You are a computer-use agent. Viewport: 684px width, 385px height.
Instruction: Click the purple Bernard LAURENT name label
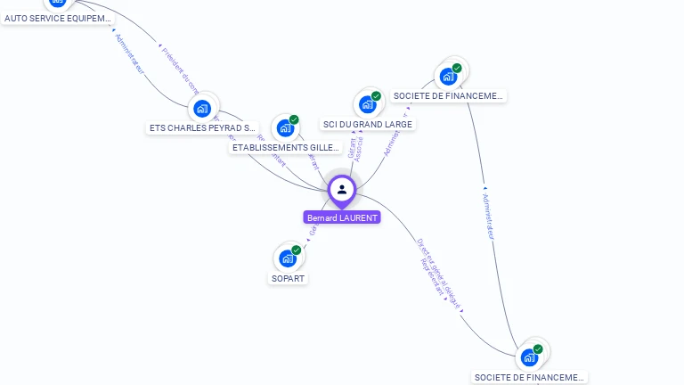[x=342, y=217]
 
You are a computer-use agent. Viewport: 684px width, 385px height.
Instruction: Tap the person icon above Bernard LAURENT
[x=342, y=189]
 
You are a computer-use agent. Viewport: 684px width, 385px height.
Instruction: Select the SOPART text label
[x=288, y=278]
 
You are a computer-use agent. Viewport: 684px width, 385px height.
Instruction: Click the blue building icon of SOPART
[x=287, y=258]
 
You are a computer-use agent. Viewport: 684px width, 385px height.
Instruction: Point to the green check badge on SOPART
[x=297, y=250]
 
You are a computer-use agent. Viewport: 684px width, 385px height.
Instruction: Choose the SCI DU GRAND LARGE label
[x=367, y=124]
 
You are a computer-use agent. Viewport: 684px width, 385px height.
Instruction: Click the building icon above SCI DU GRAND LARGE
[x=367, y=104]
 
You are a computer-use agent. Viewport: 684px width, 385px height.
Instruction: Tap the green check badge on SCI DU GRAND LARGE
[x=377, y=96]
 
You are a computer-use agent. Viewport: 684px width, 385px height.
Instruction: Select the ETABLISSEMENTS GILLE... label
[x=286, y=147]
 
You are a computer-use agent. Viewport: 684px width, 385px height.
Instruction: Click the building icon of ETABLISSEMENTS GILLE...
[x=285, y=128]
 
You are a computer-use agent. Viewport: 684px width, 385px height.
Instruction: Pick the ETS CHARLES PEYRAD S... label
[x=202, y=127]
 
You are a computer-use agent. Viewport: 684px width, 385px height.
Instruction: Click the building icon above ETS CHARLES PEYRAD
[x=202, y=109]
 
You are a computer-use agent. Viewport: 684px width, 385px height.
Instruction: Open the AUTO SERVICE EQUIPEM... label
[x=59, y=18]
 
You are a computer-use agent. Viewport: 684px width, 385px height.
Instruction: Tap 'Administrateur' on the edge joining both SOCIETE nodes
[x=487, y=214]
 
